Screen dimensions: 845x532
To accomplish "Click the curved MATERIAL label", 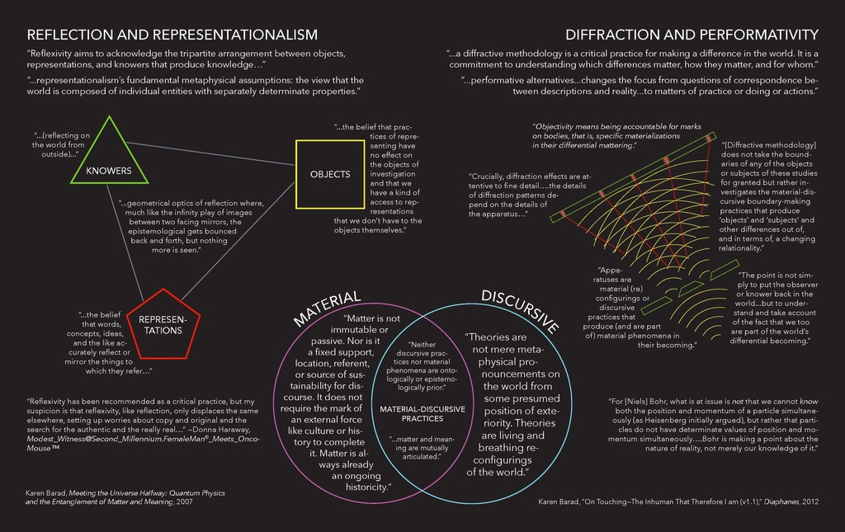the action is [327, 308].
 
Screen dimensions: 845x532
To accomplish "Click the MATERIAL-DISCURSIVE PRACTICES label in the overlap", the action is [422, 413].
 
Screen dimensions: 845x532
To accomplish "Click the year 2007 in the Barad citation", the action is [184, 501].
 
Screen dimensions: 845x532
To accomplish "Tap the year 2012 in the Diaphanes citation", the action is [810, 501].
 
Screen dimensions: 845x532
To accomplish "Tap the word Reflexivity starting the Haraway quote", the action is [48, 402].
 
